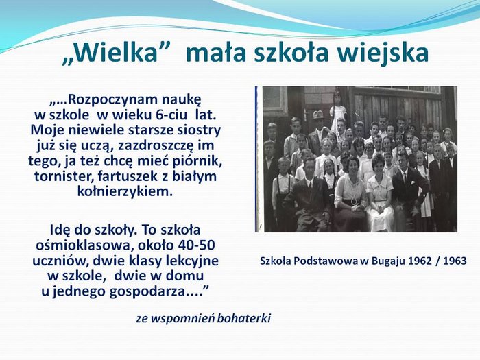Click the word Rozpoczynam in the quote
[x=112, y=100]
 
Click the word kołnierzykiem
[x=123, y=191]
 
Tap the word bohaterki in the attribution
[x=243, y=318]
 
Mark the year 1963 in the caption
[x=455, y=261]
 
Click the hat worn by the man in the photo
[x=318, y=115]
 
